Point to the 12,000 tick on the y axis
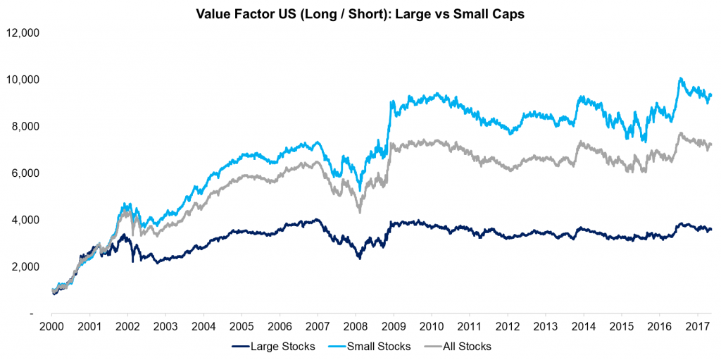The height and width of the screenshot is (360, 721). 23,33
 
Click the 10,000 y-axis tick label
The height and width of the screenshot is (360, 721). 23,80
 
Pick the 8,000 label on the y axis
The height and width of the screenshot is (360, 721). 26,127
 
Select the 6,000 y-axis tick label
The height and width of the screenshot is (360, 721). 26,173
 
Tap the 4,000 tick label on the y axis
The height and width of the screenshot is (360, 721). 26,220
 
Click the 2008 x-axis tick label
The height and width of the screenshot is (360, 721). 355,326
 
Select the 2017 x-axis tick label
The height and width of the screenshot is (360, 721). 696,326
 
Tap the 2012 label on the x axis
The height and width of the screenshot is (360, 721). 506,326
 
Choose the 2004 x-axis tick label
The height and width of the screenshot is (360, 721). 203,326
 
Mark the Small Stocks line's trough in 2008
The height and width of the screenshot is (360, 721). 360,190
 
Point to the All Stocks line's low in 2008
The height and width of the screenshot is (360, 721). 360,212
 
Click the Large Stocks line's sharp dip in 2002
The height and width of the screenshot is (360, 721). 132,261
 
